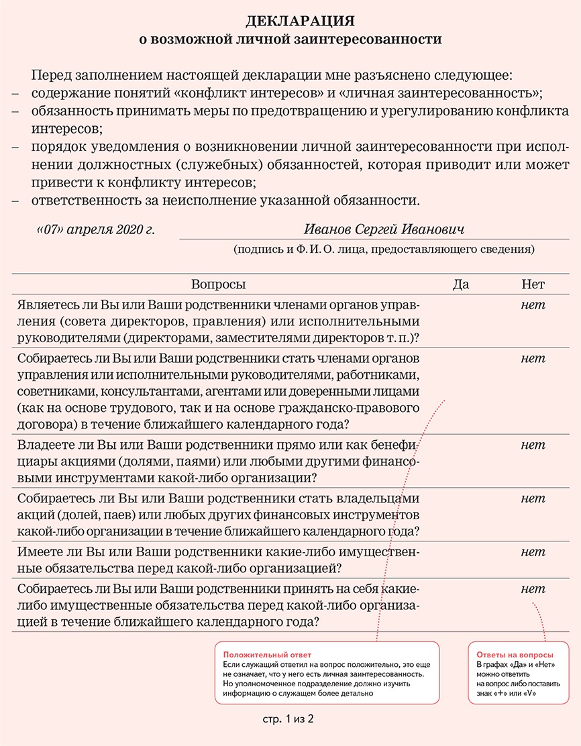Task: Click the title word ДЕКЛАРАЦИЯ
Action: click(x=290, y=21)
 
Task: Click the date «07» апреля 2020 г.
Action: click(x=95, y=229)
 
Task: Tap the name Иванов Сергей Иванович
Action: click(x=384, y=229)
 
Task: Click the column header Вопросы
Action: click(x=219, y=284)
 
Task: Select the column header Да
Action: click(x=461, y=284)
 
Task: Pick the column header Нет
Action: click(x=533, y=284)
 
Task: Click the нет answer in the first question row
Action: click(x=533, y=306)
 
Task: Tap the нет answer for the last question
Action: click(x=533, y=589)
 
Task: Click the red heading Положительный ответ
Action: click(x=267, y=655)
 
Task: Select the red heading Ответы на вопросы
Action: click(x=515, y=655)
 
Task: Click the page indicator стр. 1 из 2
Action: click(x=288, y=719)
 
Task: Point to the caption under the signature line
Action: click(x=384, y=250)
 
